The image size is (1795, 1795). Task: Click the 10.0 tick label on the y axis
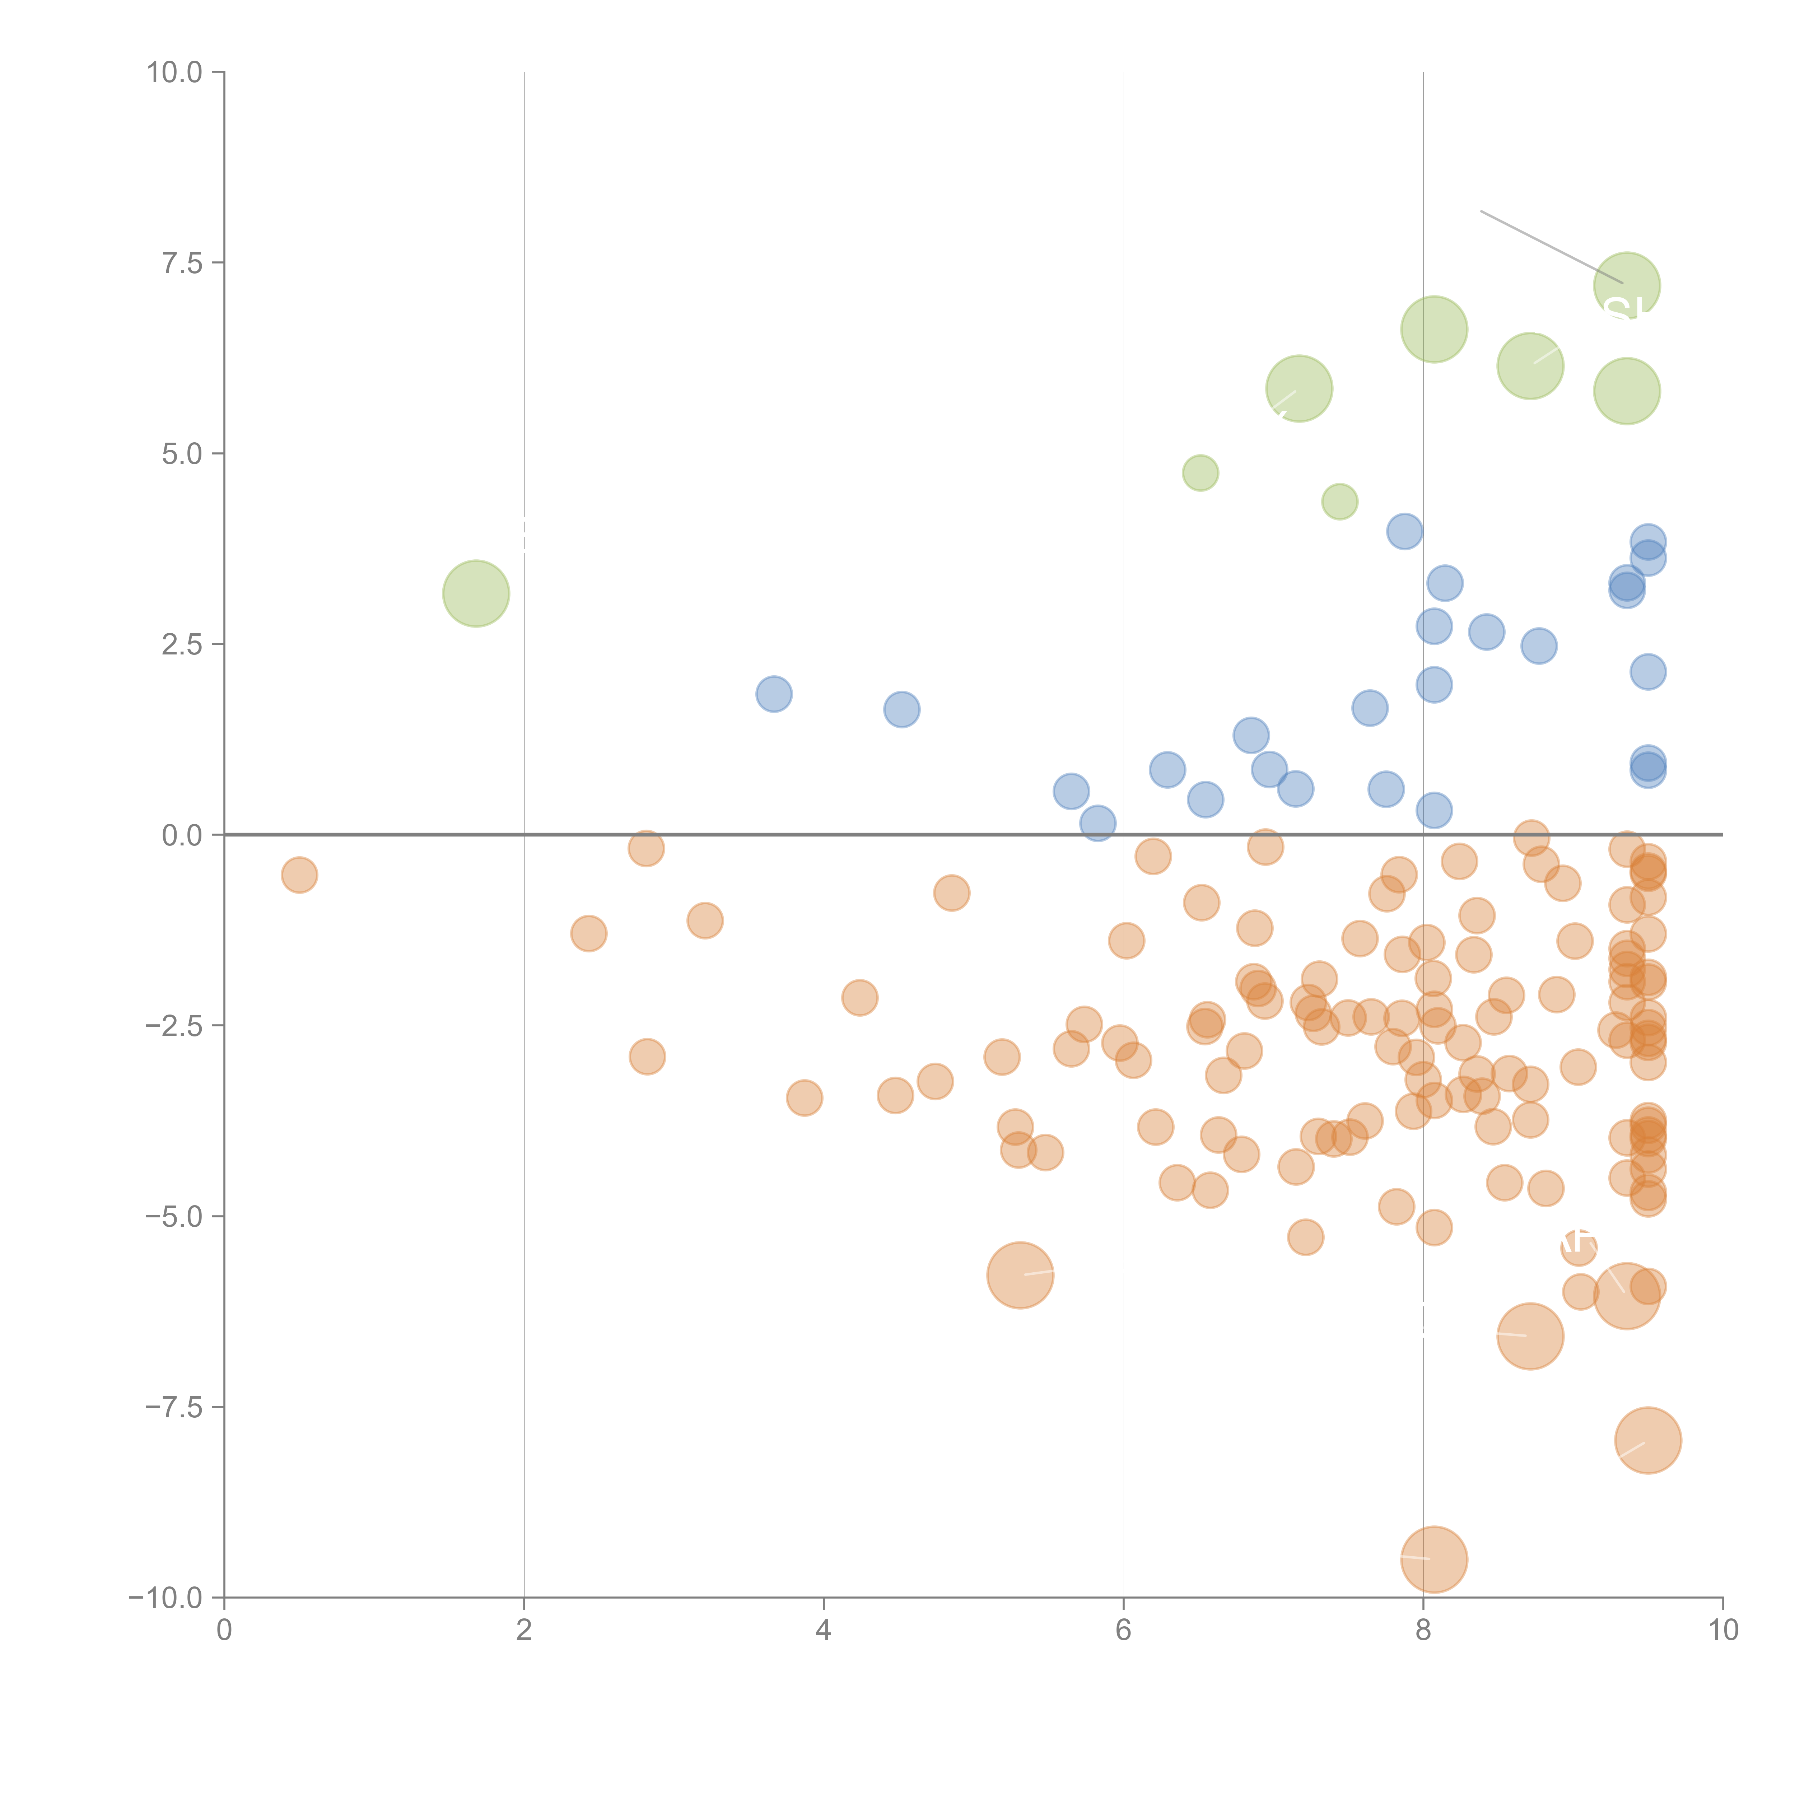[x=175, y=73]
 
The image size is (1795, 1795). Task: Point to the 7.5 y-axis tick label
[x=182, y=263]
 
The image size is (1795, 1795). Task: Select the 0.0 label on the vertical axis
[x=182, y=835]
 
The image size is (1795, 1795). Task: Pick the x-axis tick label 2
[x=524, y=1631]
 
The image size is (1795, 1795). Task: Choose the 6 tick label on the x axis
[x=1123, y=1631]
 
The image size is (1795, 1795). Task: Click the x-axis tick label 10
[x=1722, y=1631]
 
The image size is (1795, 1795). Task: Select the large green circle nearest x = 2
[x=476, y=594]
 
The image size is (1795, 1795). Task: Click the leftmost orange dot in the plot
[x=299, y=874]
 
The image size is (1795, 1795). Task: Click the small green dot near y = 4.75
[x=1200, y=473]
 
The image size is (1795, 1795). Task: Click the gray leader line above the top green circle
[x=1552, y=247]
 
